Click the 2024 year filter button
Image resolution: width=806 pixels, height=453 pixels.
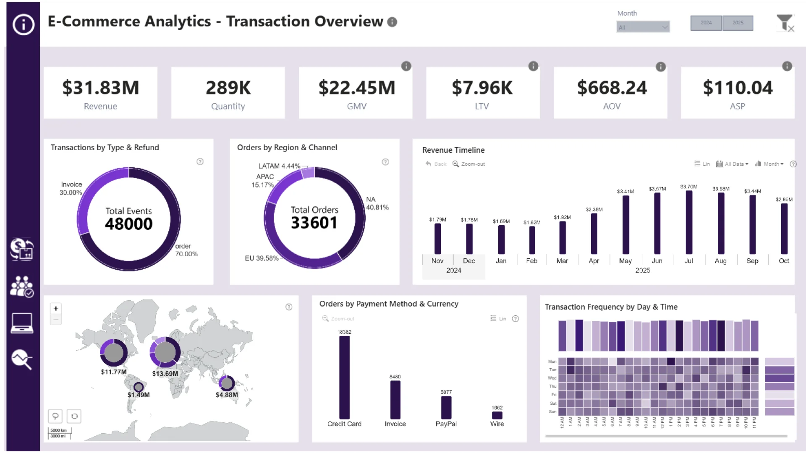(x=706, y=23)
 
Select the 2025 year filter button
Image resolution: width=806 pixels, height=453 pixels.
(x=738, y=23)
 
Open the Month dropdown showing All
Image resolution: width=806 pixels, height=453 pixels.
(x=643, y=27)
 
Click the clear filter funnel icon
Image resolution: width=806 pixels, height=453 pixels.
(x=785, y=23)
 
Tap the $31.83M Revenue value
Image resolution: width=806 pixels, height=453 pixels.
(x=100, y=88)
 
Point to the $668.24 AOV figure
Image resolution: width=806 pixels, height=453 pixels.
(x=612, y=88)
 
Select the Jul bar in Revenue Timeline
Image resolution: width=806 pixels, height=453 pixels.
(x=688, y=222)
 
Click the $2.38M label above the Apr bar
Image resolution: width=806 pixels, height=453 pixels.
(x=594, y=209)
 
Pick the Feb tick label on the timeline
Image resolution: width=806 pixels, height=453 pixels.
(x=531, y=261)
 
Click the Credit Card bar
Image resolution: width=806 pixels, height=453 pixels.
(x=344, y=377)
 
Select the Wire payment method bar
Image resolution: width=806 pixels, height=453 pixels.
(x=497, y=415)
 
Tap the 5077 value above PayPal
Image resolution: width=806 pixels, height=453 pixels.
(x=446, y=392)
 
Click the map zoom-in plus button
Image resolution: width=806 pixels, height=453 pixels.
(x=56, y=309)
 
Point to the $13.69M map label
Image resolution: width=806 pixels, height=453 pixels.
(x=165, y=373)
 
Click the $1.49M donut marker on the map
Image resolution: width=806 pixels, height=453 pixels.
(x=139, y=387)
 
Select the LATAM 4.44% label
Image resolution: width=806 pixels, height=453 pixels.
(x=279, y=166)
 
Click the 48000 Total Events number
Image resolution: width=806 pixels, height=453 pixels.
(x=129, y=224)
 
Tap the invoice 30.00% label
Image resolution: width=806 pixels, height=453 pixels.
(x=71, y=188)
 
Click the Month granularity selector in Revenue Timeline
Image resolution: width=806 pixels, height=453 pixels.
(x=769, y=164)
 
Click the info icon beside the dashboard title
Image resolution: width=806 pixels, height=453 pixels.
(x=392, y=22)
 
